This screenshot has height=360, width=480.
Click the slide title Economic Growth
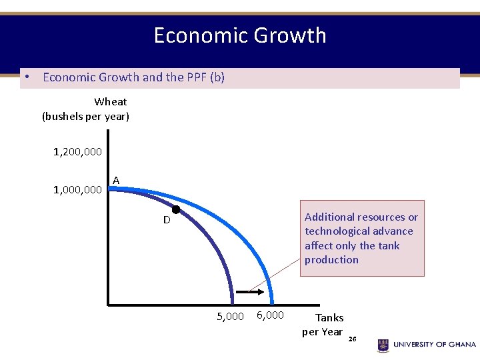[x=240, y=35]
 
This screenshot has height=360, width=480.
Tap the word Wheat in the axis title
[x=111, y=102]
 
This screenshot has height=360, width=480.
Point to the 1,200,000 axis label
[x=78, y=152]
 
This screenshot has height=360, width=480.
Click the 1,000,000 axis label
[x=78, y=190]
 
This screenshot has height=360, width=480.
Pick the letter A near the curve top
[x=116, y=181]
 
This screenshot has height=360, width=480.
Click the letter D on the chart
[x=167, y=220]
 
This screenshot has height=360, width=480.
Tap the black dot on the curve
[x=176, y=209]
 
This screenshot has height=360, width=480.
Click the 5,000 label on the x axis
[x=231, y=316]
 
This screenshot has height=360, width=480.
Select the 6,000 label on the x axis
[x=270, y=315]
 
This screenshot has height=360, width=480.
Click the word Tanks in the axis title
[x=329, y=318]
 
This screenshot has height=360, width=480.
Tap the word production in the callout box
[x=331, y=260]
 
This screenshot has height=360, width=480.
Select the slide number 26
[x=353, y=339]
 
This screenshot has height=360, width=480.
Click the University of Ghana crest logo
[x=383, y=345]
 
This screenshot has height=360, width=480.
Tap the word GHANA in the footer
[x=459, y=345]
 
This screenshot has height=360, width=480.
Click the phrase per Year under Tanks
[x=322, y=332]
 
